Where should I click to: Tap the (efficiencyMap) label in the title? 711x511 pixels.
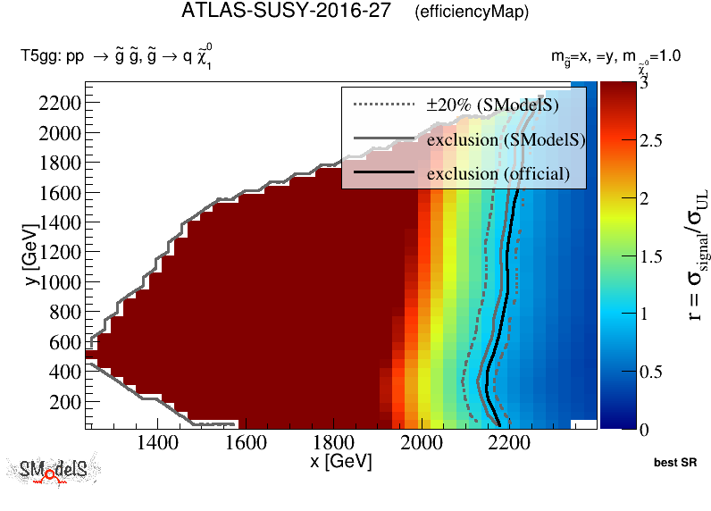(472, 13)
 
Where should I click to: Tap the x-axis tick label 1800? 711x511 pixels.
(332, 443)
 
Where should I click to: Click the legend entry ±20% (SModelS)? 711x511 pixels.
(492, 105)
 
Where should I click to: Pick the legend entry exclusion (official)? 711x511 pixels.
(498, 173)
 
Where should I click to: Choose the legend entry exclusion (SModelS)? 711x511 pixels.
(506, 140)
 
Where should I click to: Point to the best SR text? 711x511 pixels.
(675, 464)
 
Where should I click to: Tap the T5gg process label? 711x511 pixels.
(116, 56)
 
